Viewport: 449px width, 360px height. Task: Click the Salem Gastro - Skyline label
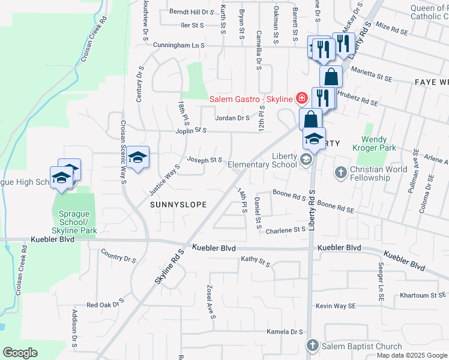tap(250, 98)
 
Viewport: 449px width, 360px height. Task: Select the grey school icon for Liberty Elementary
tap(307, 160)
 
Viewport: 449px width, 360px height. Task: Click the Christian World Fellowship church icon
tap(340, 173)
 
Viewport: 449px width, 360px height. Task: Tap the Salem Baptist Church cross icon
tap(313, 346)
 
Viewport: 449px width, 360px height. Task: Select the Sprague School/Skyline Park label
tap(75, 222)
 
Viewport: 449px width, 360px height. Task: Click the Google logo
tap(20, 352)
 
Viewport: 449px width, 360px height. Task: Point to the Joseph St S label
tap(205, 160)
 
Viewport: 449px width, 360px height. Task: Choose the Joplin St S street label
tap(191, 130)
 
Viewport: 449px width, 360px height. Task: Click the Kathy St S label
tap(256, 260)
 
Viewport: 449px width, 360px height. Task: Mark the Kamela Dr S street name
tap(285, 332)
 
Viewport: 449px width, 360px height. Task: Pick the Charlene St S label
tap(286, 230)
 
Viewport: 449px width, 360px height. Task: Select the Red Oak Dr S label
tap(105, 303)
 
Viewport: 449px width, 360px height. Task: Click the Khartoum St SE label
tap(423, 295)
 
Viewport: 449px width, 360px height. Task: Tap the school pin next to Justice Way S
tap(138, 158)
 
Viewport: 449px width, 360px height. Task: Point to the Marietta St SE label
tap(372, 77)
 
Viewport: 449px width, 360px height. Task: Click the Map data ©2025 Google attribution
tap(412, 355)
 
